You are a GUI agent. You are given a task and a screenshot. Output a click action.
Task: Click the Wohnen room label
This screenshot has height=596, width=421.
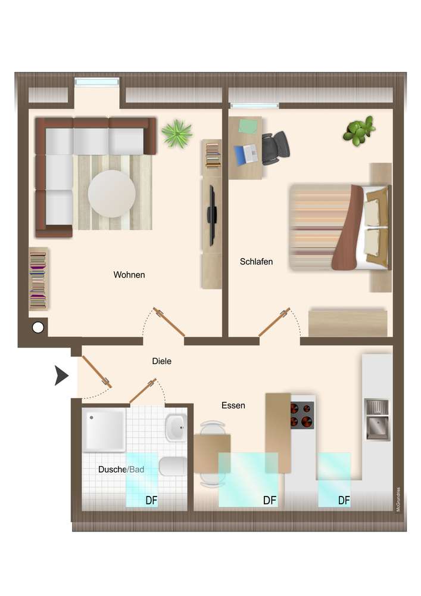[129, 275]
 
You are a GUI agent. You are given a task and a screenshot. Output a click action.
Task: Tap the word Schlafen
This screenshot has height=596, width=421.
[256, 262]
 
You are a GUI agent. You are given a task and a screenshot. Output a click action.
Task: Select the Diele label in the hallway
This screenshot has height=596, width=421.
[162, 361]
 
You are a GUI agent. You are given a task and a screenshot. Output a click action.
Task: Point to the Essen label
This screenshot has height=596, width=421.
[233, 405]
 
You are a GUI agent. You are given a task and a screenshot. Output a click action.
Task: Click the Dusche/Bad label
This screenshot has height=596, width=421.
[121, 470]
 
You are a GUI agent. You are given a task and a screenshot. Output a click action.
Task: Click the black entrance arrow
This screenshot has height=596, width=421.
[61, 375]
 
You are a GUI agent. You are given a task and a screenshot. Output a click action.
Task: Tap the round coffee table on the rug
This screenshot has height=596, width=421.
[111, 194]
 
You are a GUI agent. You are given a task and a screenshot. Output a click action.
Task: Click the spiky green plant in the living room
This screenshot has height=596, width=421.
[177, 134]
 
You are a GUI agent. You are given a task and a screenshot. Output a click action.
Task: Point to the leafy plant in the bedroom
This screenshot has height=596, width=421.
[358, 131]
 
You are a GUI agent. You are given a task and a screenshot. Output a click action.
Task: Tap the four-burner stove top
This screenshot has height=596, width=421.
[302, 415]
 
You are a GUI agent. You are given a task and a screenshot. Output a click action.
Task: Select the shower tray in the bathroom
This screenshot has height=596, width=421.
[104, 430]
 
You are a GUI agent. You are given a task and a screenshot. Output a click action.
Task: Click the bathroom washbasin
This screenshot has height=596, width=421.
[176, 427]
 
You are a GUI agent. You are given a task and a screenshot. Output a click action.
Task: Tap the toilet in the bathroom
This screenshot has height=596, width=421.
[173, 466]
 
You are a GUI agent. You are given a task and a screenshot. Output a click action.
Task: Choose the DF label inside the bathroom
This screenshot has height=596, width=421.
[151, 500]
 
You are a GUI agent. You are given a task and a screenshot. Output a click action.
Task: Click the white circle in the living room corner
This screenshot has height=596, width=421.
[38, 327]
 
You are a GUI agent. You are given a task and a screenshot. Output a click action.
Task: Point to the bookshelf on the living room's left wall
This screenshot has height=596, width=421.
[38, 279]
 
